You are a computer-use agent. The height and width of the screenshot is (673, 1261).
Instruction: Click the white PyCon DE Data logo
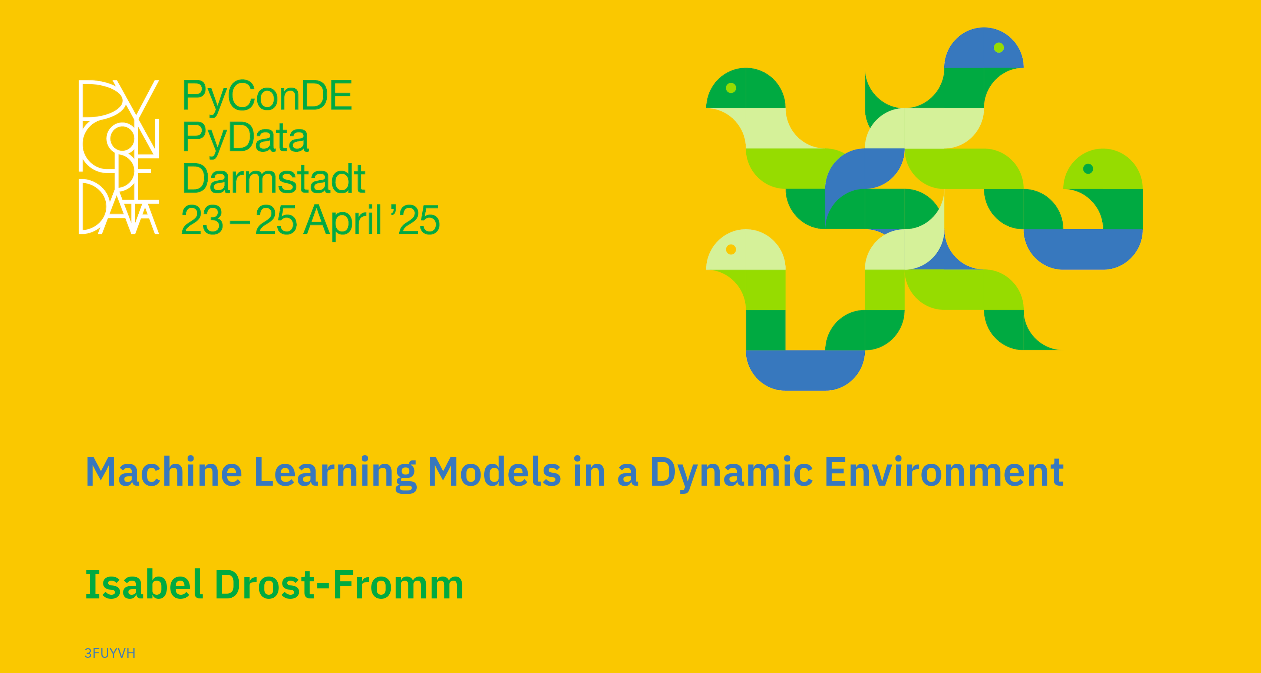(x=119, y=157)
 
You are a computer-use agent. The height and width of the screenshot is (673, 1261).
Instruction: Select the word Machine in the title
(x=164, y=472)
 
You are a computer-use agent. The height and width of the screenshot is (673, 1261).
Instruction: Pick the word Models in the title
(x=494, y=472)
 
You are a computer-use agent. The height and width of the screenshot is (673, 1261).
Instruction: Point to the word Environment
(x=944, y=472)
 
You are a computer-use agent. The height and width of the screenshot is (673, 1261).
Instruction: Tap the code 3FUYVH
(x=110, y=653)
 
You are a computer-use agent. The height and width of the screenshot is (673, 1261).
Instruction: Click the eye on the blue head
(x=998, y=47)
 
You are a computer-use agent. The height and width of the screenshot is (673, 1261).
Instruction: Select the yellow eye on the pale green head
(x=731, y=249)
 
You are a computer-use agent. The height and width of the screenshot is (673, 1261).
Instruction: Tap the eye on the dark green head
(x=731, y=88)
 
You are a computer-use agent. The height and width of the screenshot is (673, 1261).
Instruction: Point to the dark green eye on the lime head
(x=1088, y=168)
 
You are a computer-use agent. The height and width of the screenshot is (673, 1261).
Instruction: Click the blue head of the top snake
(x=984, y=49)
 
